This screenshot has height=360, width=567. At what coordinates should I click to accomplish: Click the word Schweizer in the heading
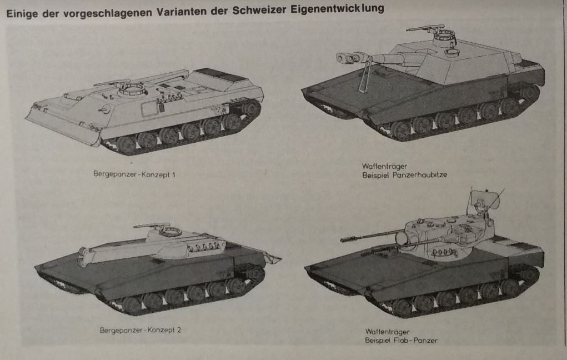pos(259,9)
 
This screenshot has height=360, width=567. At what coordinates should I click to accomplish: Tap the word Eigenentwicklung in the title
pos(337,8)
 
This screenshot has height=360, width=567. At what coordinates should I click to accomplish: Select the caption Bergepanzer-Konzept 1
pos(134,174)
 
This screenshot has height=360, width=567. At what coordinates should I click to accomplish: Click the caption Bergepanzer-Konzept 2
pos(141,330)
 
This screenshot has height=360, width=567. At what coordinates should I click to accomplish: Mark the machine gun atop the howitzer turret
pos(426,28)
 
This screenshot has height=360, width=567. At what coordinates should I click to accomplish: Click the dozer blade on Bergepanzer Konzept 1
pos(62,125)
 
